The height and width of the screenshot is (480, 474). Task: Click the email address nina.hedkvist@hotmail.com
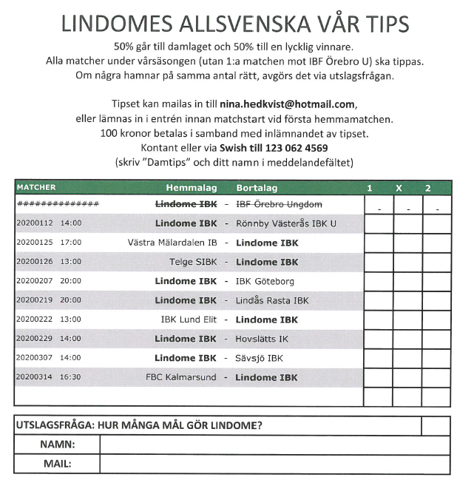click(288, 105)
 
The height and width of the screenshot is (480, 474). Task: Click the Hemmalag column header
click(191, 188)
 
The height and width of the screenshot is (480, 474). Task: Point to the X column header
click(399, 188)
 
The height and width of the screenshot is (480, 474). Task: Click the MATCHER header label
click(36, 188)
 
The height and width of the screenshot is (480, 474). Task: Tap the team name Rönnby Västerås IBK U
click(285, 223)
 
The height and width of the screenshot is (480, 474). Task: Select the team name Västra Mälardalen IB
click(172, 243)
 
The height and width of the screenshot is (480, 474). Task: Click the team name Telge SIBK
click(193, 262)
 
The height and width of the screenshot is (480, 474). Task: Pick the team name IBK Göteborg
click(265, 281)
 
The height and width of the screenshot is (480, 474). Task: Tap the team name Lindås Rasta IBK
click(272, 300)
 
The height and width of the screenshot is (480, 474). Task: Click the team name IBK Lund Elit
click(189, 320)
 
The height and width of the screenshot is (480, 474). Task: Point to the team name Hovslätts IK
click(262, 339)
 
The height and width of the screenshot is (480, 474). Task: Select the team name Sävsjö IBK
click(259, 358)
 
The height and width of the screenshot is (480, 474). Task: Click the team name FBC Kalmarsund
click(181, 377)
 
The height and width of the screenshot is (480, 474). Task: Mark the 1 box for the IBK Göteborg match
click(378, 281)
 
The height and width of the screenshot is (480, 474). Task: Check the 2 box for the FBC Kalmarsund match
click(436, 377)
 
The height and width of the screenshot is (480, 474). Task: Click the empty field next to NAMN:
click(274, 445)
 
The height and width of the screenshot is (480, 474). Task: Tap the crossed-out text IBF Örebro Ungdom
click(278, 204)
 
